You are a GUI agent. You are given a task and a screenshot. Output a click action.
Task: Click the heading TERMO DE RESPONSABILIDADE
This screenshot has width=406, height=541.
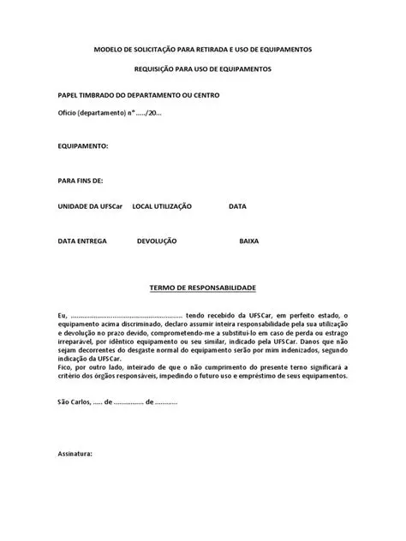tap(203, 288)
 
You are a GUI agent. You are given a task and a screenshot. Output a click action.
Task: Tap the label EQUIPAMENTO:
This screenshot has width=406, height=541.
tap(83, 146)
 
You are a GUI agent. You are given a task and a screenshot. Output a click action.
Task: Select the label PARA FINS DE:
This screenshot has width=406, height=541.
tap(81, 181)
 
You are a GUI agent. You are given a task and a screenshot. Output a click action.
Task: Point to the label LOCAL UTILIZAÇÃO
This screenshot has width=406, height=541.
tap(162, 206)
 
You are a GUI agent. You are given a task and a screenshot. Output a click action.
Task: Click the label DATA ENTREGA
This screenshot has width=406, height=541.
tap(82, 241)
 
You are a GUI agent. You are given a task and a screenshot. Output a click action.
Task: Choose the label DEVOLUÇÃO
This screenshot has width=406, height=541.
tap(157, 241)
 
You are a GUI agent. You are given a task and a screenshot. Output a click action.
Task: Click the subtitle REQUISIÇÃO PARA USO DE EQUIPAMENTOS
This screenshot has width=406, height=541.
tap(203, 68)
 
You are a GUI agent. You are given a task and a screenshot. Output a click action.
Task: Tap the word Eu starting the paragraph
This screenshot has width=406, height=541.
tap(62, 315)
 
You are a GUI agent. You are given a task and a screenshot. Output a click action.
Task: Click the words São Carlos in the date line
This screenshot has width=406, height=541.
tap(74, 401)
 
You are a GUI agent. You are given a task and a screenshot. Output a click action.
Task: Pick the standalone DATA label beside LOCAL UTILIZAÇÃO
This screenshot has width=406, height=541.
tap(238, 206)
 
